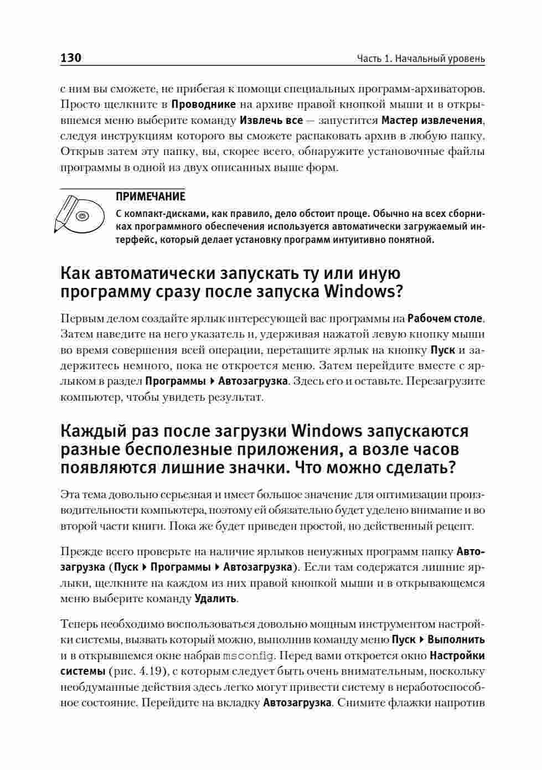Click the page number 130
pyautogui.click(x=71, y=58)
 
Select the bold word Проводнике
pyautogui.click(x=204, y=104)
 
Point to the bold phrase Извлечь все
pyautogui.click(x=271, y=120)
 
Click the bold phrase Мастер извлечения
pyautogui.click(x=432, y=120)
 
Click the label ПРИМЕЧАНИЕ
pyautogui.click(x=150, y=197)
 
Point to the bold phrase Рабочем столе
pyautogui.click(x=445, y=318)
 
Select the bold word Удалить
pyautogui.click(x=216, y=599)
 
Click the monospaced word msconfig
pyautogui.click(x=248, y=656)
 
